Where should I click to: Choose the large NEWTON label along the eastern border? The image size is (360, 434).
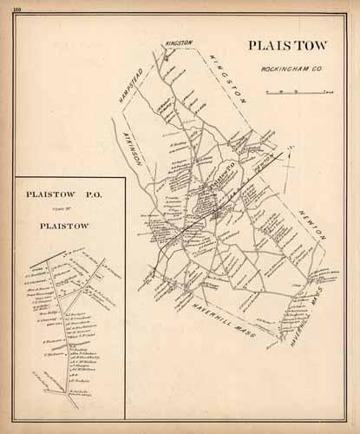tap(311, 223)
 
